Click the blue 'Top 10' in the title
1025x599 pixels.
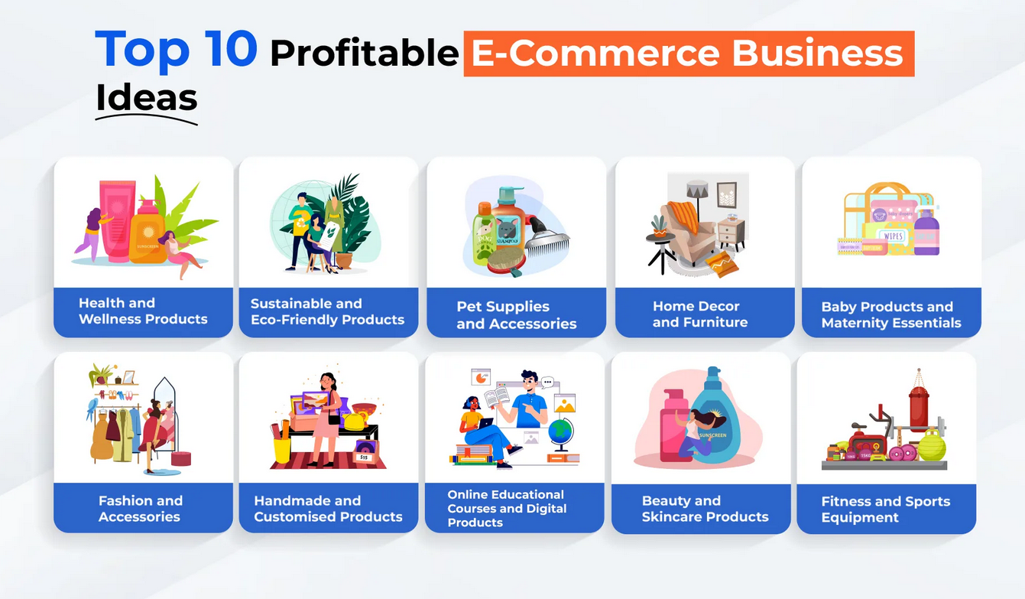pos(176,50)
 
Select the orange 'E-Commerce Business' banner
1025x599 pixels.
pos(688,54)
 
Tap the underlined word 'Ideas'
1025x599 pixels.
pos(146,98)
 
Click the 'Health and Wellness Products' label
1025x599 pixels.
pos(143,311)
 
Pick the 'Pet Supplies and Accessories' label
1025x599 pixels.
pos(516,315)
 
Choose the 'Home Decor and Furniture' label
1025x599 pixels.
pos(699,314)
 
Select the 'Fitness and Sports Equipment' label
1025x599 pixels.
pos(885,509)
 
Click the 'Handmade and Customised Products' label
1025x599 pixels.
pos(328,509)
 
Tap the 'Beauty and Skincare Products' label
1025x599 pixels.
pos(705,509)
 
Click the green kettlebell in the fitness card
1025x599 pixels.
pos(932,445)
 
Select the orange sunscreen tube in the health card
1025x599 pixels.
pos(148,233)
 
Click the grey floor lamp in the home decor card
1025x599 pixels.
pos(697,191)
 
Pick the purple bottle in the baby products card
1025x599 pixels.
pos(927,233)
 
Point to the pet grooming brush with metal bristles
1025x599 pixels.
pos(547,243)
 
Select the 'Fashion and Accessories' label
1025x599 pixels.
pos(141,509)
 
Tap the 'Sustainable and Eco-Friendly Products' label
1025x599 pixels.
pos(327,311)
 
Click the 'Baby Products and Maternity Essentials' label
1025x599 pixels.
pos(890,314)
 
